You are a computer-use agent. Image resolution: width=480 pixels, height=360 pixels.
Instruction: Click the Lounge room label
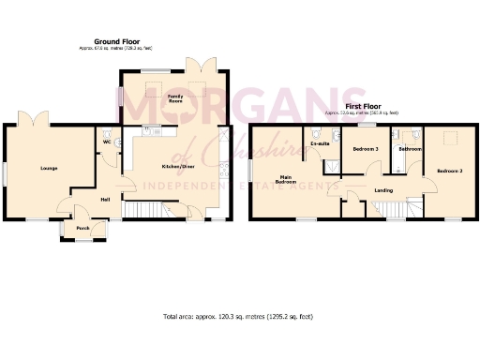click(x=49, y=169)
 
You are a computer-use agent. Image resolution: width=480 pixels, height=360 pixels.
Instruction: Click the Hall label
click(x=106, y=199)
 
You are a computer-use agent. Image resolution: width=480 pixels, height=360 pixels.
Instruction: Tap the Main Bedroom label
click(x=287, y=179)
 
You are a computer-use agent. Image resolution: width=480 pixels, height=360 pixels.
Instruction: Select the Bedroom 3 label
click(x=366, y=150)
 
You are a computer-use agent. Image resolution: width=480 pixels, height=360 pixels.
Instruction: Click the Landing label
click(x=383, y=191)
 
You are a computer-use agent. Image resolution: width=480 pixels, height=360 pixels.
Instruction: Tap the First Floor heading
click(x=362, y=107)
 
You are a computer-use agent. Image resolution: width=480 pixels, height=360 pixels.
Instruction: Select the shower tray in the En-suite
click(x=329, y=166)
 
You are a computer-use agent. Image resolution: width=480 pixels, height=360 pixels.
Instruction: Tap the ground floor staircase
click(x=148, y=208)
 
